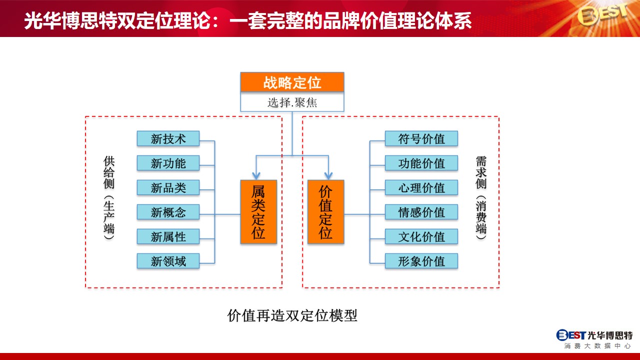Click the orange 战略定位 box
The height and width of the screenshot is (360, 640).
292,82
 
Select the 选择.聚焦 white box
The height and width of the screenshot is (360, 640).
292,101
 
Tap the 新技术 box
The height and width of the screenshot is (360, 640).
168,139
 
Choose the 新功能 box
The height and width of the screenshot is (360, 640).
168,163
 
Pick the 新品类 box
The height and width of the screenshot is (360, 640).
168,187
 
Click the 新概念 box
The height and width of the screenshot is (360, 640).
168,212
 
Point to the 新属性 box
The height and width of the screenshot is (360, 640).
168,236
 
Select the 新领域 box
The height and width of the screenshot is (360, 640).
168,261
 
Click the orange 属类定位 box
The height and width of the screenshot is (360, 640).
258,211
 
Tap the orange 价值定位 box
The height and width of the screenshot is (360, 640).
325,211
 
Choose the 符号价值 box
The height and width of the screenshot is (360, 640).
421,139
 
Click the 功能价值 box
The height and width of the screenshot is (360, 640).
421,163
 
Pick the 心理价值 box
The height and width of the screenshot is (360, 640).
421,187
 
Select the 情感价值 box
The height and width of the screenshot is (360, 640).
421,212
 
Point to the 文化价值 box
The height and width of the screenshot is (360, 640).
421,236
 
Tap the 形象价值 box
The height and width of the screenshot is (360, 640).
421,261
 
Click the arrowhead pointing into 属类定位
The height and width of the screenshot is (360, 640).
256,175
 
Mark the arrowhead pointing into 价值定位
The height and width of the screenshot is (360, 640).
328,175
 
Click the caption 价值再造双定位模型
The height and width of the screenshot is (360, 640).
292,315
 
